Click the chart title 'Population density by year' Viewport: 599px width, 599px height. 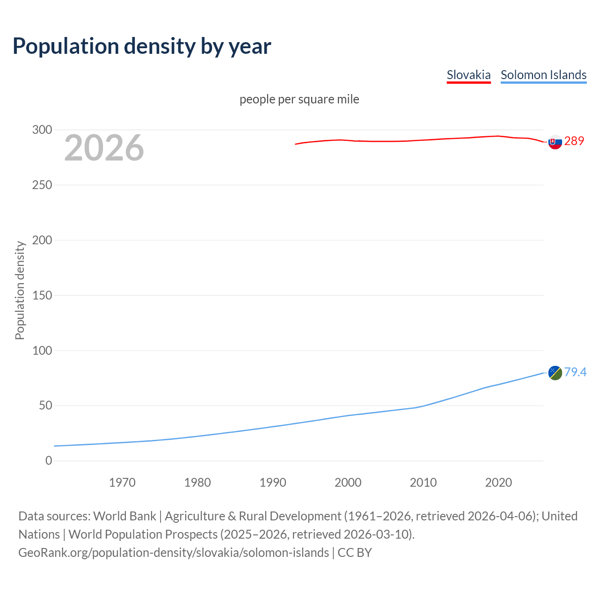[142, 46]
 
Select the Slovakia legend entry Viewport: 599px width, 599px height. [468, 75]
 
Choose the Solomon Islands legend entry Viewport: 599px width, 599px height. [543, 75]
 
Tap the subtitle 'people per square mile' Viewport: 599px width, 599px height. [299, 100]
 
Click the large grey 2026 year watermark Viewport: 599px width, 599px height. [104, 148]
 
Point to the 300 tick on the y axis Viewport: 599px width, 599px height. [42, 130]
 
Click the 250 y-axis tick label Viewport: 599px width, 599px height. [42, 185]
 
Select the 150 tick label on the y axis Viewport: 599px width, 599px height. [42, 295]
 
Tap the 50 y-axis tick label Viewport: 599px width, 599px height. [45, 406]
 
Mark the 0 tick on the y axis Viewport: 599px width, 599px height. [49, 461]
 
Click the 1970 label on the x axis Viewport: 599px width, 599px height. [122, 482]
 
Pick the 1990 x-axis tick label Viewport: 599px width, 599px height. [273, 482]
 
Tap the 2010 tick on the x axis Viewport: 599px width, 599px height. [423, 482]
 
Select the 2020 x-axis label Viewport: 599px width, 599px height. [498, 482]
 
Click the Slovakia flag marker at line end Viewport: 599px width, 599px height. [555, 142]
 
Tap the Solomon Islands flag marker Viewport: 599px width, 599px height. [555, 373]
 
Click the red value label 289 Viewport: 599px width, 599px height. [574, 141]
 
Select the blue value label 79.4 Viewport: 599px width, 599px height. [575, 372]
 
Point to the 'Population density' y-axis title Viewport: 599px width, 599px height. [20, 290]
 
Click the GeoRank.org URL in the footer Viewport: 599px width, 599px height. [174, 553]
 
